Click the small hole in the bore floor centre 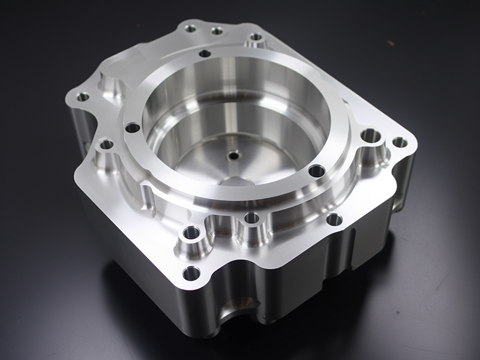point(233,155)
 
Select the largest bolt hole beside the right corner point(371,136)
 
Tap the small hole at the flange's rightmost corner point(399,142)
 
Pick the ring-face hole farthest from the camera point(205,53)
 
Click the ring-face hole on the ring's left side point(132,127)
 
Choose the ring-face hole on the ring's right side point(316,171)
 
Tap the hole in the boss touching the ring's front point(251,217)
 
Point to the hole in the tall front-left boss point(191,232)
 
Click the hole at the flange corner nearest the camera point(191,274)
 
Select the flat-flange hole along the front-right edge point(334,220)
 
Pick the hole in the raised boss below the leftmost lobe point(106,144)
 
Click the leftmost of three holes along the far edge point(191,28)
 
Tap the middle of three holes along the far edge point(217,30)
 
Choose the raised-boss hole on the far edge point(256,37)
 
